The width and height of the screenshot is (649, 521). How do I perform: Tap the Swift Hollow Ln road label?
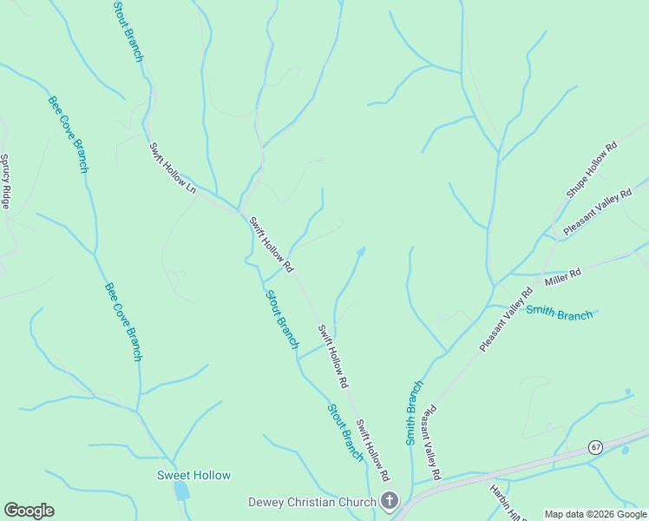coord(174,168)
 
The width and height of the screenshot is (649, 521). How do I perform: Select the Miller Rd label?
coord(562,277)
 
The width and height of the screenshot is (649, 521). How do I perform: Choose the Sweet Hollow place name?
coord(193,475)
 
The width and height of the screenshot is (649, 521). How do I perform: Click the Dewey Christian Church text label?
coord(311,501)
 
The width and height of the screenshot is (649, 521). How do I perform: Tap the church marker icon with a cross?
coord(389,501)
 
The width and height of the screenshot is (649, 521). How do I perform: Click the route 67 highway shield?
coord(594,447)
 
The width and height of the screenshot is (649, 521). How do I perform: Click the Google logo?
coord(29,511)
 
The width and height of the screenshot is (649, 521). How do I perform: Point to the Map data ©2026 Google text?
coord(595,514)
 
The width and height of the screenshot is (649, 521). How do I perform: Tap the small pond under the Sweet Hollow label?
coord(181,491)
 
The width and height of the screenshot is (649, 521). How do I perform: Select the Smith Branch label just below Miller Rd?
coord(560,313)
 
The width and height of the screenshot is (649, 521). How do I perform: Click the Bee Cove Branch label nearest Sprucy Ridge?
coord(68,133)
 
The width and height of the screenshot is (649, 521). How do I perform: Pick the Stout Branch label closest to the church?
coord(344,431)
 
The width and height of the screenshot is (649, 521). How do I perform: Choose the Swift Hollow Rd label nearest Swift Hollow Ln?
coord(272,243)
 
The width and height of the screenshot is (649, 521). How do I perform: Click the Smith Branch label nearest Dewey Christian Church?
coord(415,412)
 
